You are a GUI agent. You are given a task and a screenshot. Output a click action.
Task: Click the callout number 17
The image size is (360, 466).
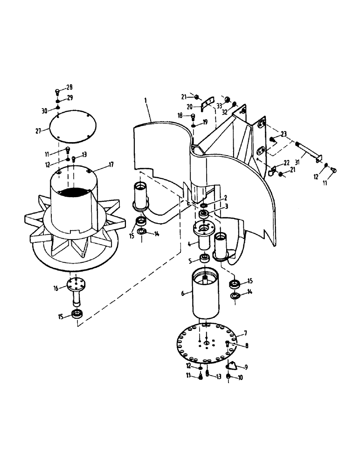coord(111,164)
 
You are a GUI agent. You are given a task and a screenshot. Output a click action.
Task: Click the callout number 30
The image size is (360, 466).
coord(44,110)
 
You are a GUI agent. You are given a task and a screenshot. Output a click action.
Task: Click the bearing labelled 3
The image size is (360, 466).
coord(204,214)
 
